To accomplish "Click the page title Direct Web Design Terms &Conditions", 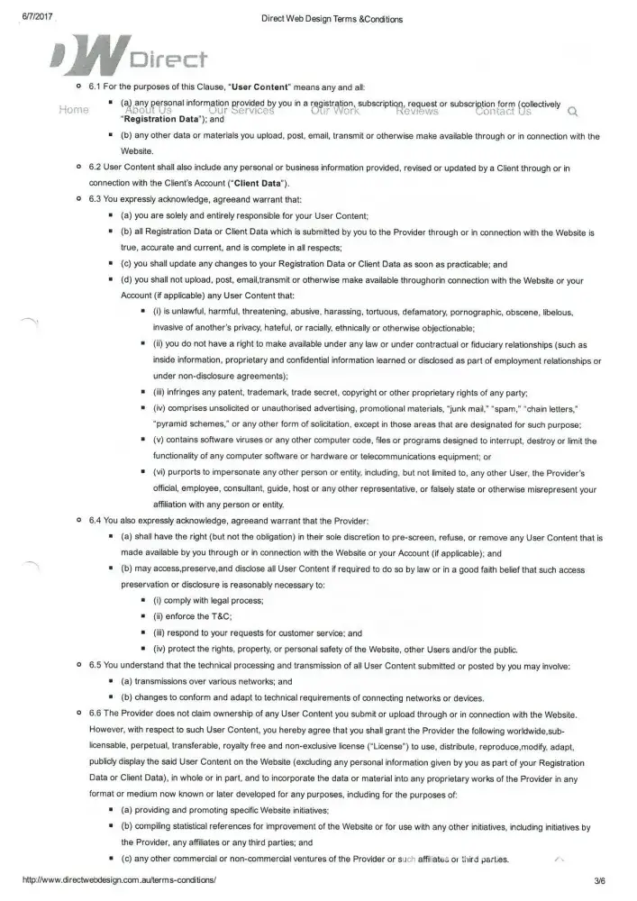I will (x=319, y=18).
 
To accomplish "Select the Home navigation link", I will (x=73, y=111).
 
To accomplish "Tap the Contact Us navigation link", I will (x=503, y=111).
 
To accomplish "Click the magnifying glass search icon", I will (x=573, y=113).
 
